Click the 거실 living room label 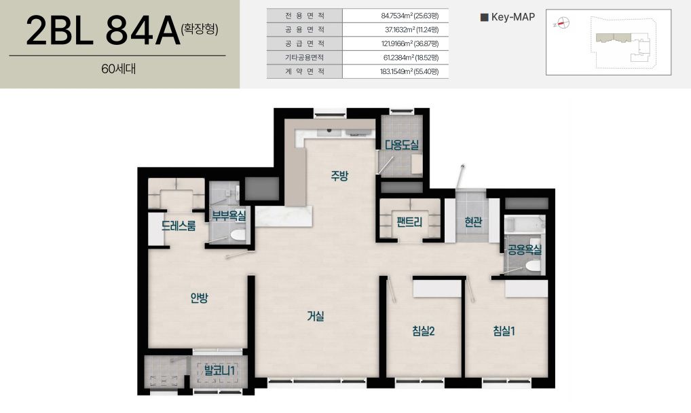316,316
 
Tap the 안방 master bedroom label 199,298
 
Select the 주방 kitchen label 340,176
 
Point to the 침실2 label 424,331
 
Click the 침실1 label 504,331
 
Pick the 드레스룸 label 179,226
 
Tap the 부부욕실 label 229,216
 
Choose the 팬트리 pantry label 409,221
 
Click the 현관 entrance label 473,221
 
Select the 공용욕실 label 525,250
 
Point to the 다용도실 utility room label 401,145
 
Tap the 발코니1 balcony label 219,370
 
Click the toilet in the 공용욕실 533,265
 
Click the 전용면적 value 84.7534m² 396,16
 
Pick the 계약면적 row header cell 305,71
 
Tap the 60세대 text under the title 118,69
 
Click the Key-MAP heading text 513,17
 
